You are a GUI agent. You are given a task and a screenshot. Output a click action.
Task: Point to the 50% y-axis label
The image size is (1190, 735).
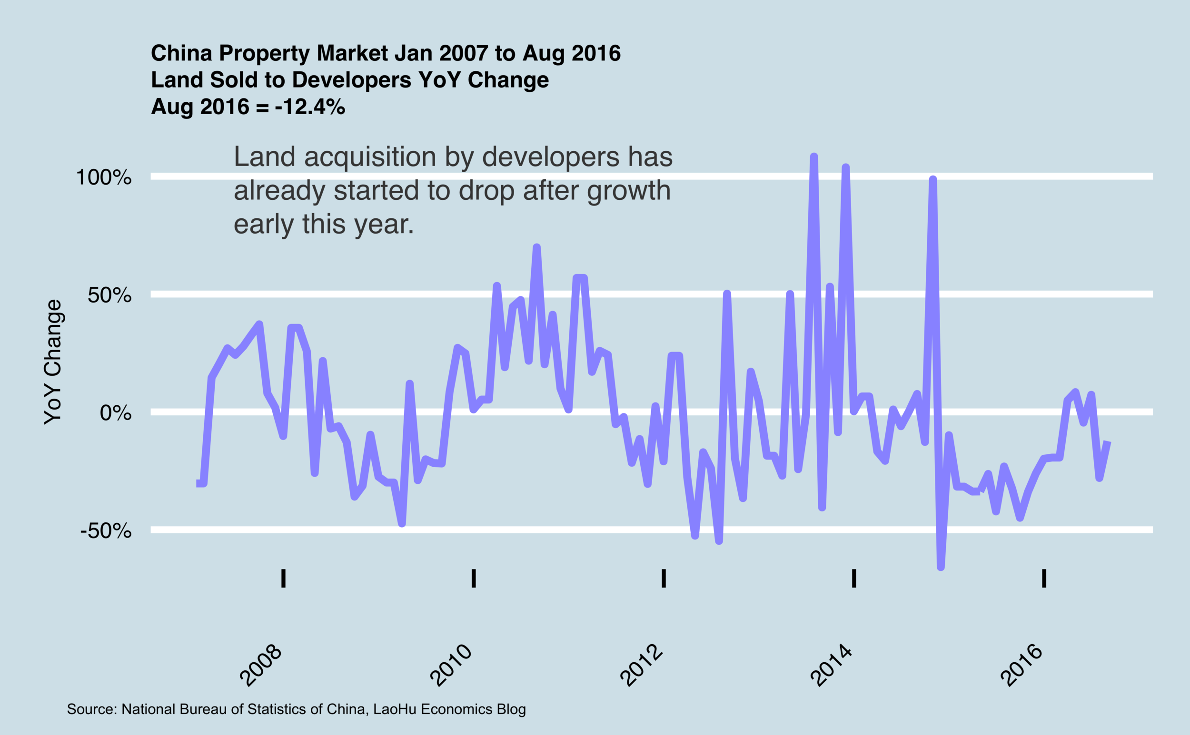coord(109,295)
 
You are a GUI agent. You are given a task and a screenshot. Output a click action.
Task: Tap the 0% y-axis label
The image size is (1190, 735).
coord(116,413)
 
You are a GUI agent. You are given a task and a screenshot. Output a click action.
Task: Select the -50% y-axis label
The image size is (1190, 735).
coord(106,531)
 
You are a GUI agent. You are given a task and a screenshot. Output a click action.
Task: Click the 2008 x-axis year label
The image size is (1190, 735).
coord(262,666)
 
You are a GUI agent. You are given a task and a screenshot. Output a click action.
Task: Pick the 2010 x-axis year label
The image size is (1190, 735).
coord(451,666)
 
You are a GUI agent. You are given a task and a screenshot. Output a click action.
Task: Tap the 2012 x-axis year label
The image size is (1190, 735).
coord(642,666)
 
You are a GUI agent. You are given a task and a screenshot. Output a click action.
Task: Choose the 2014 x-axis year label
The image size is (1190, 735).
coord(832,666)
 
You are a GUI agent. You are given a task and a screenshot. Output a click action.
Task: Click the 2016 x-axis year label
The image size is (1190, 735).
coord(1022,666)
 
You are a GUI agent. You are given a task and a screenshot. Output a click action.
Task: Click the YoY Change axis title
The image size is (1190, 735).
coord(52,362)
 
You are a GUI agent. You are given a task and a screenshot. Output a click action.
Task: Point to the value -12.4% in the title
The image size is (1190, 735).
coord(310,107)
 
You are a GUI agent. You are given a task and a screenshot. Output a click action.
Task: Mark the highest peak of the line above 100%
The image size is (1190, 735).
coord(813,157)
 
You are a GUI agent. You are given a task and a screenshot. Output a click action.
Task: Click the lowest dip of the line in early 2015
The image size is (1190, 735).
coord(941,567)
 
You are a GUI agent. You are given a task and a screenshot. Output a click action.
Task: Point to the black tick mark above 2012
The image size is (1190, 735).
coord(664,578)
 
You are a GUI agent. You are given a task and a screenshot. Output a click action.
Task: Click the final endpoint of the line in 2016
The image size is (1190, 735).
coord(1107,443)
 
